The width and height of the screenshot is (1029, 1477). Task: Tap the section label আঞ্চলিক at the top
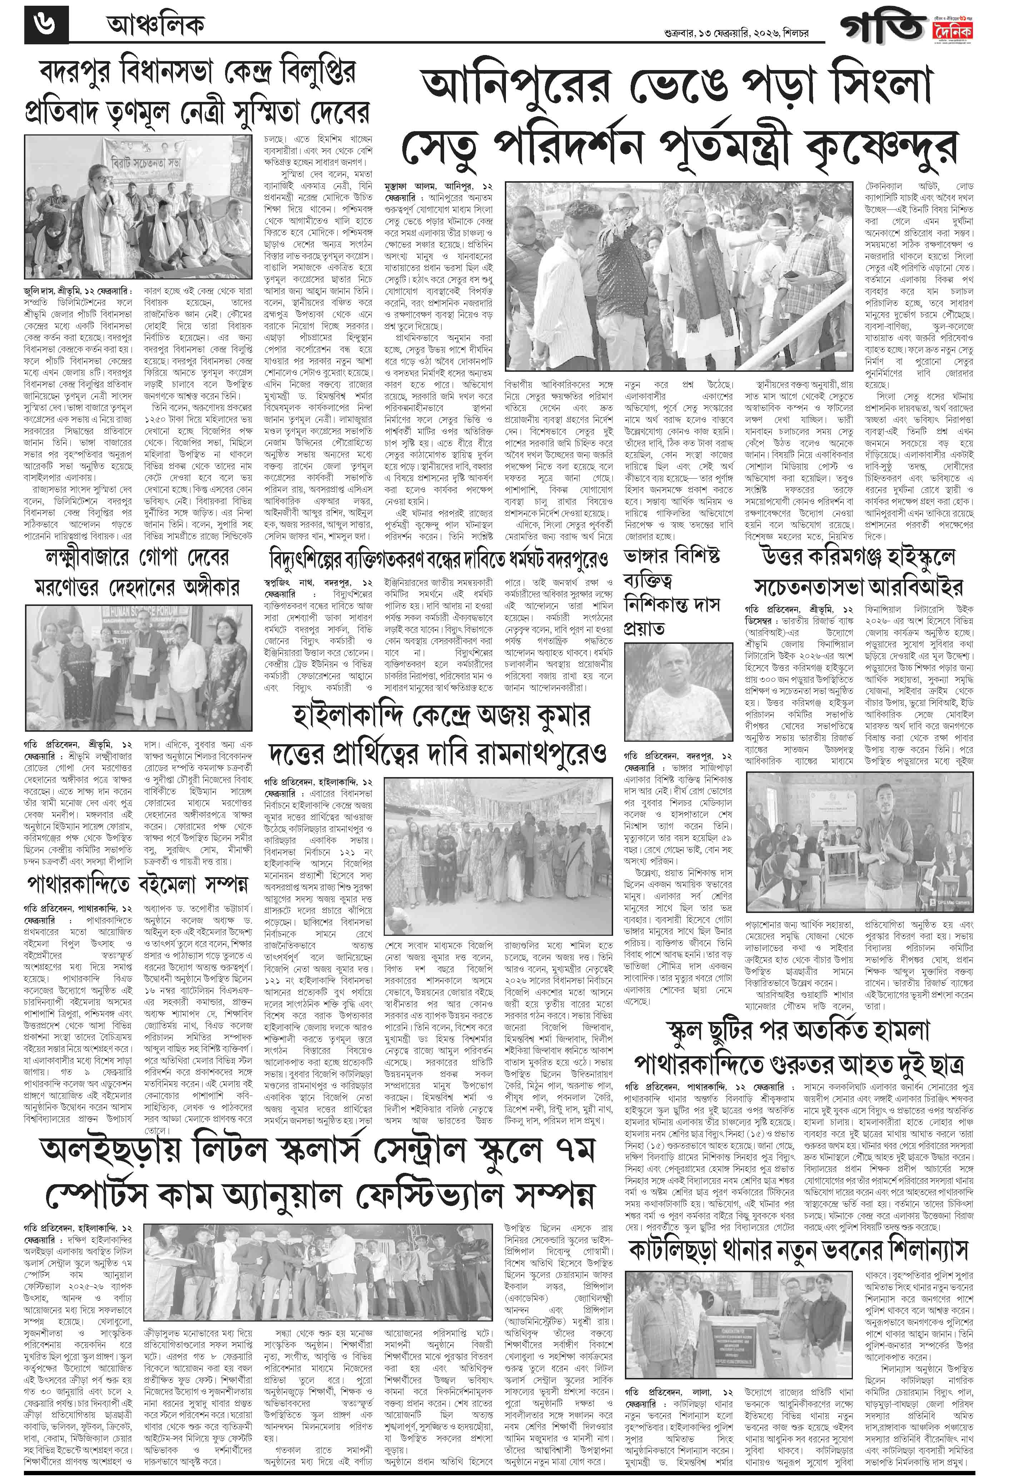pos(154,26)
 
